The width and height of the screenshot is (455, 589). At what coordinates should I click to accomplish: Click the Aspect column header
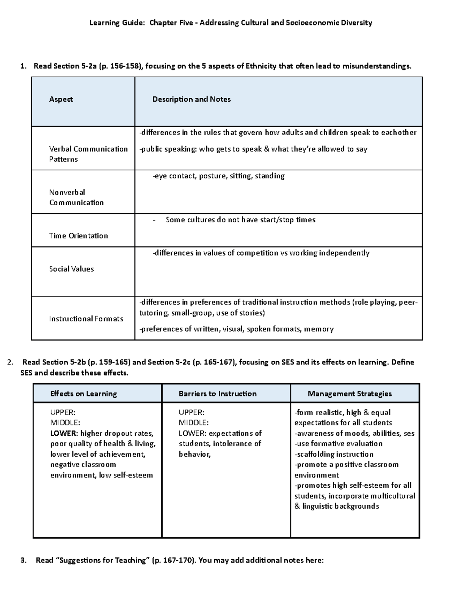61,99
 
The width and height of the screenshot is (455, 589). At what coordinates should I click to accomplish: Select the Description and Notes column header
191,99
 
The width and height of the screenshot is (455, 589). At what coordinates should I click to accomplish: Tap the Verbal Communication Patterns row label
88,154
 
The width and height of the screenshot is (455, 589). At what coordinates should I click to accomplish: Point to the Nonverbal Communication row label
76,197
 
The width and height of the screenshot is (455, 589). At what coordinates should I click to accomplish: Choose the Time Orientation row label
78,236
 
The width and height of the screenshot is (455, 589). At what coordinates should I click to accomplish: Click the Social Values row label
71,269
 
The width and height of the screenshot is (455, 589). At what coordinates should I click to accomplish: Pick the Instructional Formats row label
86,319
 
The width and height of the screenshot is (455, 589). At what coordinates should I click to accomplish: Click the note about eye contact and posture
218,176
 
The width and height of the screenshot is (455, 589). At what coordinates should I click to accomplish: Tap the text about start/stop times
240,220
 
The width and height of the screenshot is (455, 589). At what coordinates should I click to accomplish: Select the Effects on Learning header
83,394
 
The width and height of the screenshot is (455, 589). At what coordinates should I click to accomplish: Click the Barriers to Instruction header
218,394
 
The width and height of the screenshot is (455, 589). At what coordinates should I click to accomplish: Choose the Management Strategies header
350,394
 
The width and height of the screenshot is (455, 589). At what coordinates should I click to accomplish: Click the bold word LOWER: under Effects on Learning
64,433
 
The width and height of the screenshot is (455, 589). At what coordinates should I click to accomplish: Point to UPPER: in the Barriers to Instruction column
191,412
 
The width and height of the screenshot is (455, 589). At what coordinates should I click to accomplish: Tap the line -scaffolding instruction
334,454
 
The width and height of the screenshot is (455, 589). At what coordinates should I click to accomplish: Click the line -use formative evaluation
338,443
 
